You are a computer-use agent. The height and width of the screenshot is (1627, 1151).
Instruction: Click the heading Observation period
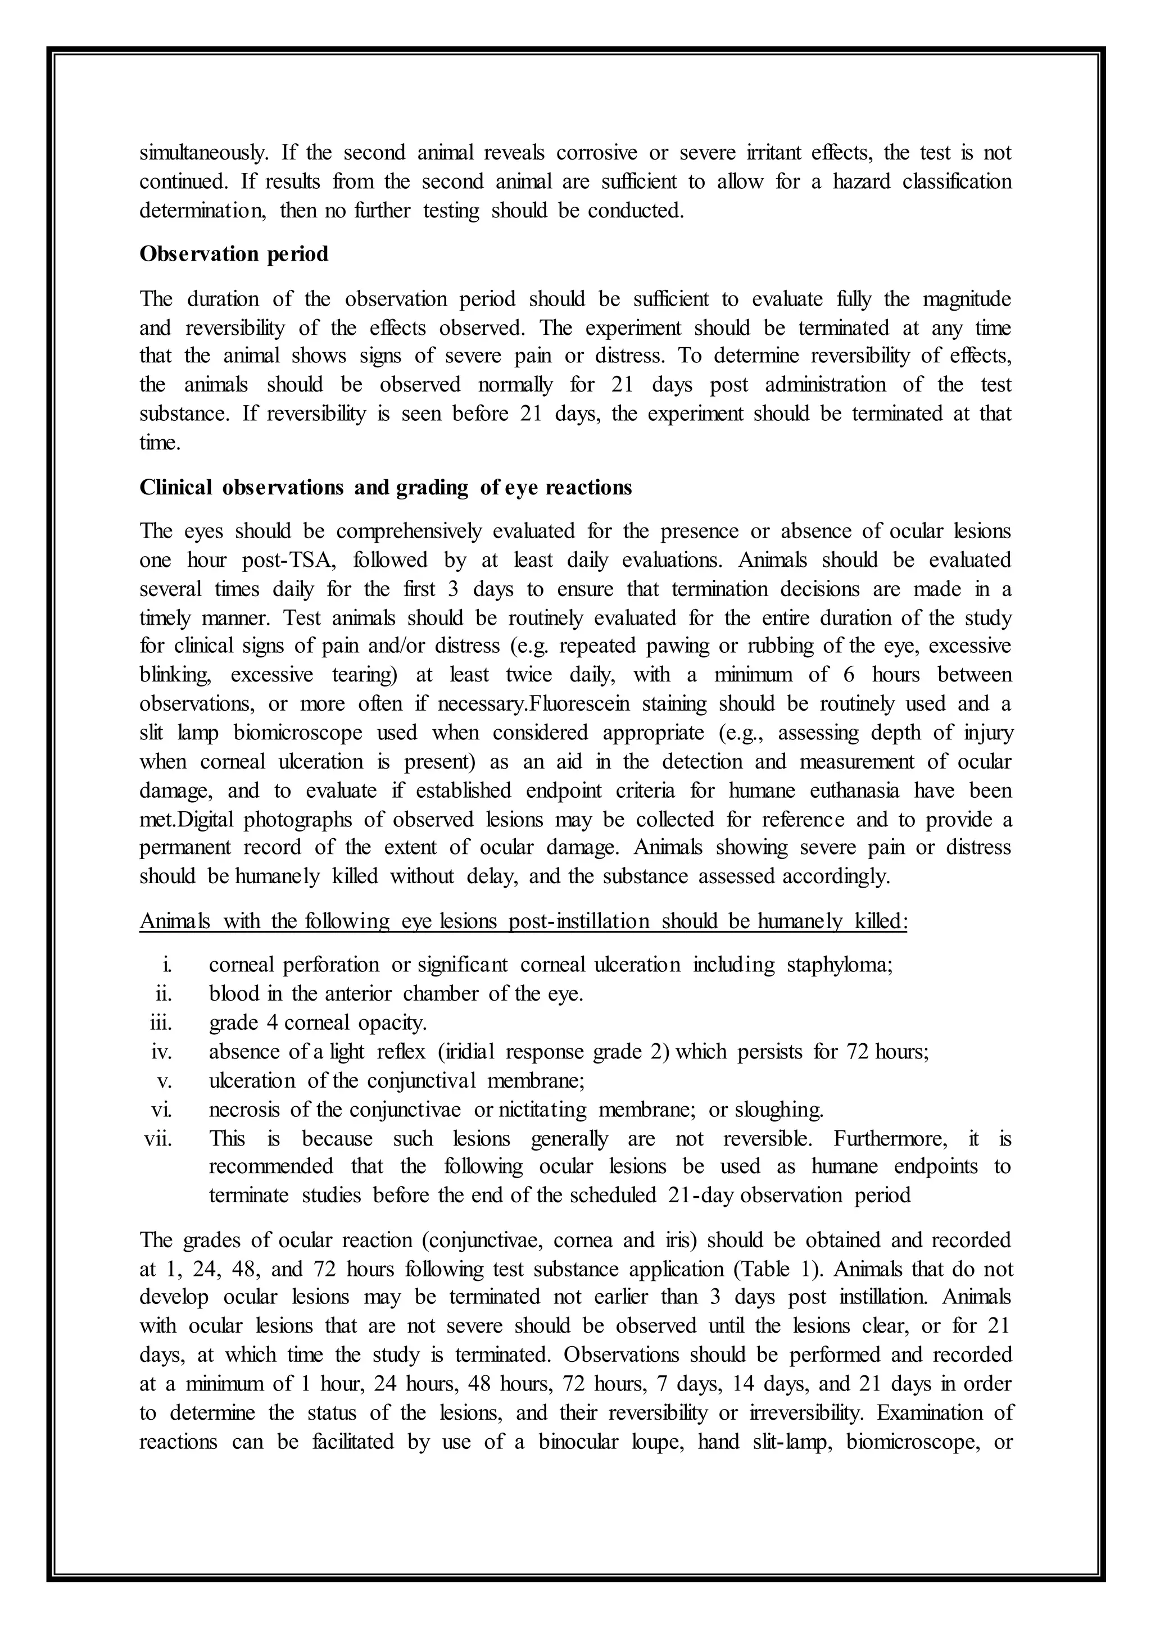point(234,254)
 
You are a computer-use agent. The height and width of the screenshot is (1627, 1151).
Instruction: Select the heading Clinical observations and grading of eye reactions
point(386,488)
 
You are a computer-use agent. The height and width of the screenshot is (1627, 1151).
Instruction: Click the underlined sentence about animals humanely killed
point(523,921)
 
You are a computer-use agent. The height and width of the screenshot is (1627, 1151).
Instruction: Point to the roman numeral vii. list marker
point(158,1139)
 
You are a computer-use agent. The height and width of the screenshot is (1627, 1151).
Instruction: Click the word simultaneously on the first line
point(204,152)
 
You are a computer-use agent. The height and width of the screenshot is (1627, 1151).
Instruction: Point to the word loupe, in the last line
point(659,1442)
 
